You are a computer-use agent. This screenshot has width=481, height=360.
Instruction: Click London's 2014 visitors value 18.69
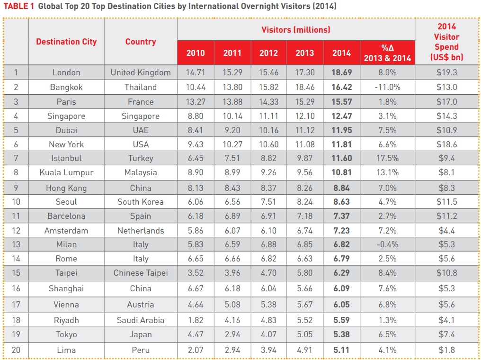pos(341,72)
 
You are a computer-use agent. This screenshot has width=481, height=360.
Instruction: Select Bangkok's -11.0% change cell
pos(387,87)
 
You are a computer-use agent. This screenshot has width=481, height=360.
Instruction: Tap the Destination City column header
pos(66,42)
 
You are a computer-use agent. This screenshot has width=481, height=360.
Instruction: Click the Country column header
pos(141,42)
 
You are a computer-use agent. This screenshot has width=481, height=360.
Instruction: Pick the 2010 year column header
pos(196,53)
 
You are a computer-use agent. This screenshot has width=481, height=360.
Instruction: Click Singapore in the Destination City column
pos(66,116)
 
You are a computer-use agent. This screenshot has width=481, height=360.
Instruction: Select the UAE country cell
pos(141,130)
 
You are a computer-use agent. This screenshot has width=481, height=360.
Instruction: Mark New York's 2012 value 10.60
pos(268,144)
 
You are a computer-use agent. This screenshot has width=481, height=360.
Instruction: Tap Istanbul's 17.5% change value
pos(387,159)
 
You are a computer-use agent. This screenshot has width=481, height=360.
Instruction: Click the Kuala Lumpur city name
pos(66,173)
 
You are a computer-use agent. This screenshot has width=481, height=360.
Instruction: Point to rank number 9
pos(16,188)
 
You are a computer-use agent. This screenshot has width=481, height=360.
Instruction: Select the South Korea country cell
pos(141,202)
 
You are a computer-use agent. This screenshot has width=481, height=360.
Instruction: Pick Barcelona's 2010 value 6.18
pos(196,216)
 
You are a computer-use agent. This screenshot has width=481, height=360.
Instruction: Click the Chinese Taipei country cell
pos(141,273)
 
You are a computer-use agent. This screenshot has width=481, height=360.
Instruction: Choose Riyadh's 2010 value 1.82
pos(196,320)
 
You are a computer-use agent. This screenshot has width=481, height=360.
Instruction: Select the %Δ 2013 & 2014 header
pos(387,53)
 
